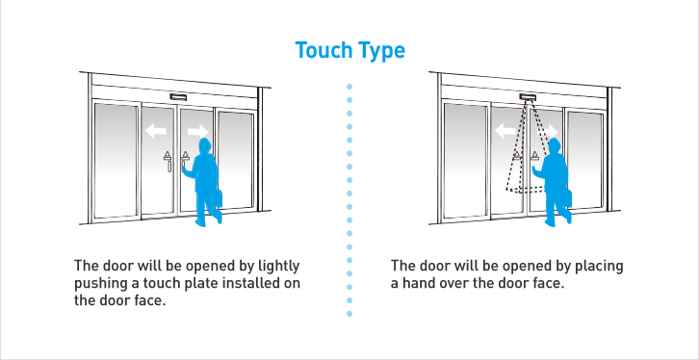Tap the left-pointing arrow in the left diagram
click(x=155, y=130)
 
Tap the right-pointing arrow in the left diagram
click(x=197, y=130)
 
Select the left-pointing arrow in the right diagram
click(x=505, y=130)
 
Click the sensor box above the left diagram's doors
click(x=177, y=97)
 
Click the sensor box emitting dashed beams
click(x=526, y=97)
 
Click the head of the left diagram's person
click(x=204, y=144)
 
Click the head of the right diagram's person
click(x=554, y=144)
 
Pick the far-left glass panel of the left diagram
click(x=115, y=159)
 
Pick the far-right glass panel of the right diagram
click(x=584, y=159)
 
